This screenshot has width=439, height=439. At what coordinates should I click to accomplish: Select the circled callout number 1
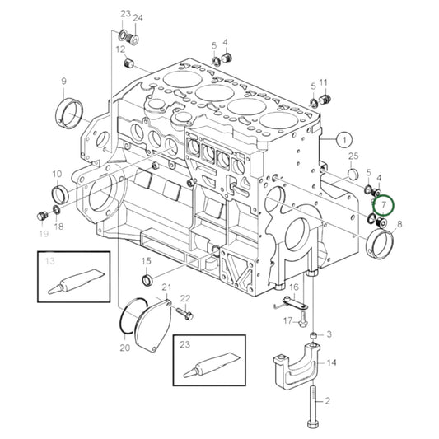343,139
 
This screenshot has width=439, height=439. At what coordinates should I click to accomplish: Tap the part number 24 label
138,17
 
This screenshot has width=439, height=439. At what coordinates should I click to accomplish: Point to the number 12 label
120,49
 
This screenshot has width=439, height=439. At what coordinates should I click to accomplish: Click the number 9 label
63,81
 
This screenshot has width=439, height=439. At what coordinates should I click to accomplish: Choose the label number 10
57,174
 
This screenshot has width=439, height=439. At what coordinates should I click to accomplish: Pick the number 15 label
147,261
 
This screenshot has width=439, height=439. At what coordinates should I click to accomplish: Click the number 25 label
353,156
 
